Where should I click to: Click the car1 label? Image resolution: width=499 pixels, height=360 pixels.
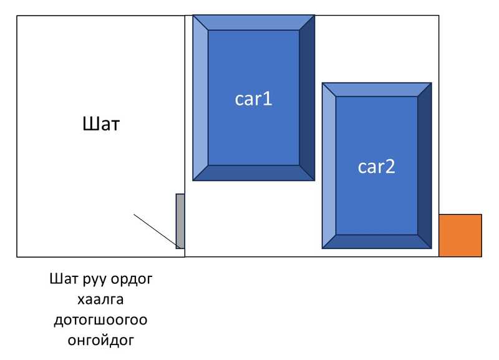(x=254, y=99)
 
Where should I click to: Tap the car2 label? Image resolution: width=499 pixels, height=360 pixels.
(x=377, y=167)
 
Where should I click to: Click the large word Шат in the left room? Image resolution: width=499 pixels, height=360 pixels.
(x=101, y=124)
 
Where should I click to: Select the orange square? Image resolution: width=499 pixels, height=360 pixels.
(x=460, y=236)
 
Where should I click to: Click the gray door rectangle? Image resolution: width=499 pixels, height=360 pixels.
(x=180, y=221)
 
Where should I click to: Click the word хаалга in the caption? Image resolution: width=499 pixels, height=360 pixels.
(x=100, y=300)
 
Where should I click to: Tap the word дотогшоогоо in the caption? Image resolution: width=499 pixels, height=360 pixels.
(x=100, y=320)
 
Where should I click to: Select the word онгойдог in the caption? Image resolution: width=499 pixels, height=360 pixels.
(x=100, y=340)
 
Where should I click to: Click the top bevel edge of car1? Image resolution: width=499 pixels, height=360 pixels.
(x=254, y=22)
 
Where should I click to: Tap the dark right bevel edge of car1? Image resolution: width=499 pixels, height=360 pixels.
(x=307, y=98)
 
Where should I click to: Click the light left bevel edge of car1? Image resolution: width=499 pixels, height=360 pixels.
(x=200, y=98)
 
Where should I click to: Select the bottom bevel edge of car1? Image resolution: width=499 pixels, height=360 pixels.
(x=254, y=173)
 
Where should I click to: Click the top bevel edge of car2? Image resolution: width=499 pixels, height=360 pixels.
(x=377, y=90)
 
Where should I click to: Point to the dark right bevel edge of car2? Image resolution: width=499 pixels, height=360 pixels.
(x=425, y=165)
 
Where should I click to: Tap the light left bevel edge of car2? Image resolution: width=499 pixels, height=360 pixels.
(x=329, y=165)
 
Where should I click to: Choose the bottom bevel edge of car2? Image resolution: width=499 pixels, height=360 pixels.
(x=377, y=241)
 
